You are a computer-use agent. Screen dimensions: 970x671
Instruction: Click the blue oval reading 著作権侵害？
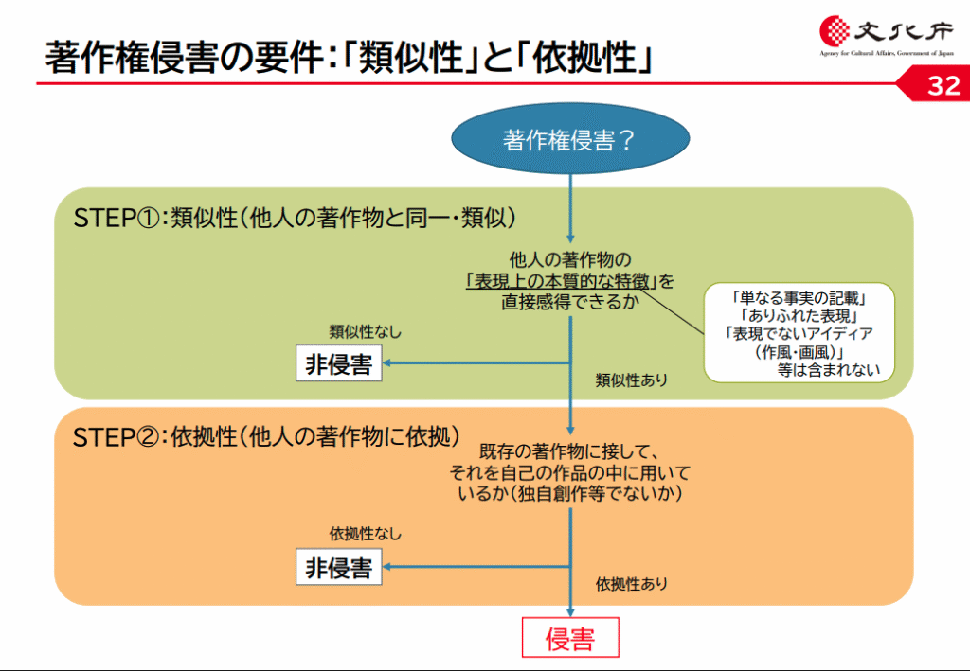570,138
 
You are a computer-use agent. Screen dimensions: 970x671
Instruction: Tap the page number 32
943,85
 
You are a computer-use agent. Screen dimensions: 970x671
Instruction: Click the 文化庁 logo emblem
835,30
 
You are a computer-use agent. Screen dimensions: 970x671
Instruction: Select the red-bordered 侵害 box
570,638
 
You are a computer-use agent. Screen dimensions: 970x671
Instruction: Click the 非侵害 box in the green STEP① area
339,363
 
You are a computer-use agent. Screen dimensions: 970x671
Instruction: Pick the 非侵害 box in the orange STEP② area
339,567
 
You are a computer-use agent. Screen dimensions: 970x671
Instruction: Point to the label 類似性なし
365,332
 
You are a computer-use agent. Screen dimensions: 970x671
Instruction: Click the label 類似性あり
632,380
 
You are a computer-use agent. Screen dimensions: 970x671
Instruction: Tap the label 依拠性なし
365,534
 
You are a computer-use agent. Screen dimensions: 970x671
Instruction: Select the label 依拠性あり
632,584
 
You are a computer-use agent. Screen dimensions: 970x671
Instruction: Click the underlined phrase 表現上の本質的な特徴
561,282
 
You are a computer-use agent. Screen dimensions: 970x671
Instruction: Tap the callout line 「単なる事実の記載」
799,298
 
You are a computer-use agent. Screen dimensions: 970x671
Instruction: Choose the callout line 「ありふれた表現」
799,316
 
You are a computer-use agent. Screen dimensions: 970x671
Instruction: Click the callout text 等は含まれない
828,370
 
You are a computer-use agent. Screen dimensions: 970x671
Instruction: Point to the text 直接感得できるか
569,302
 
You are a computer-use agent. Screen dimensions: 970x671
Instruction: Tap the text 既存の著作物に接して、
569,451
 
